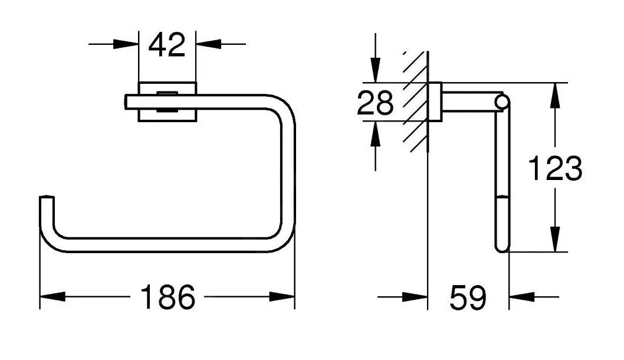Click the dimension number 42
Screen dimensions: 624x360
(167, 45)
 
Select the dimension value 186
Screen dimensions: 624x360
(168, 297)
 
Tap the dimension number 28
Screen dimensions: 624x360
(375, 103)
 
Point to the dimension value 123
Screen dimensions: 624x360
(555, 168)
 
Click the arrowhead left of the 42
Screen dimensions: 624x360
(126, 44)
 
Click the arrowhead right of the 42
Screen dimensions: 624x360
(209, 44)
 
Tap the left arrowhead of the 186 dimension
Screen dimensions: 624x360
(52, 297)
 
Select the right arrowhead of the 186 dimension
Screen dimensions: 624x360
(282, 297)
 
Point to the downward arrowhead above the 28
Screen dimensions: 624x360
(375, 70)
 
